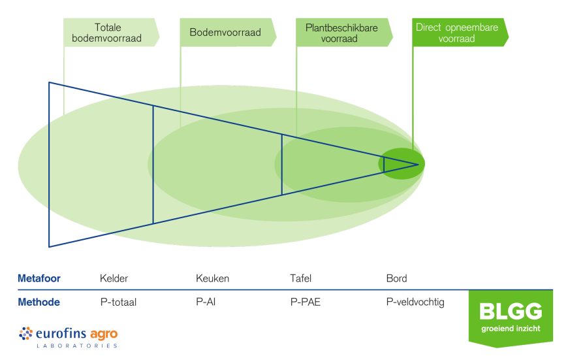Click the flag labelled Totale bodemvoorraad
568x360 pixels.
coord(111,33)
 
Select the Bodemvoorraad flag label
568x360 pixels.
coord(226,33)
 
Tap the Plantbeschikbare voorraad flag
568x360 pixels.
coord(343,33)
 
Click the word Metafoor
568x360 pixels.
coord(39,278)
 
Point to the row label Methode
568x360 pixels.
coord(39,303)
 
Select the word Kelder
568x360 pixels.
coord(114,278)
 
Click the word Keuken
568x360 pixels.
coord(212,278)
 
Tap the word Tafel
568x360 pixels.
coord(301,278)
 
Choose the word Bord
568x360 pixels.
coord(396,278)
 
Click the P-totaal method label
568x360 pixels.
coord(118,303)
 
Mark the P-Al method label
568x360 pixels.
coord(206,303)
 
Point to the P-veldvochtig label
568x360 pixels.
coord(415,303)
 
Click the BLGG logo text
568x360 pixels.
coord(511,312)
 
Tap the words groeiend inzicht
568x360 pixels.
coord(511,327)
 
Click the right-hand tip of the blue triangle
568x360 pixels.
coord(418,164)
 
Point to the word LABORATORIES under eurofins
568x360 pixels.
coord(76,346)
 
